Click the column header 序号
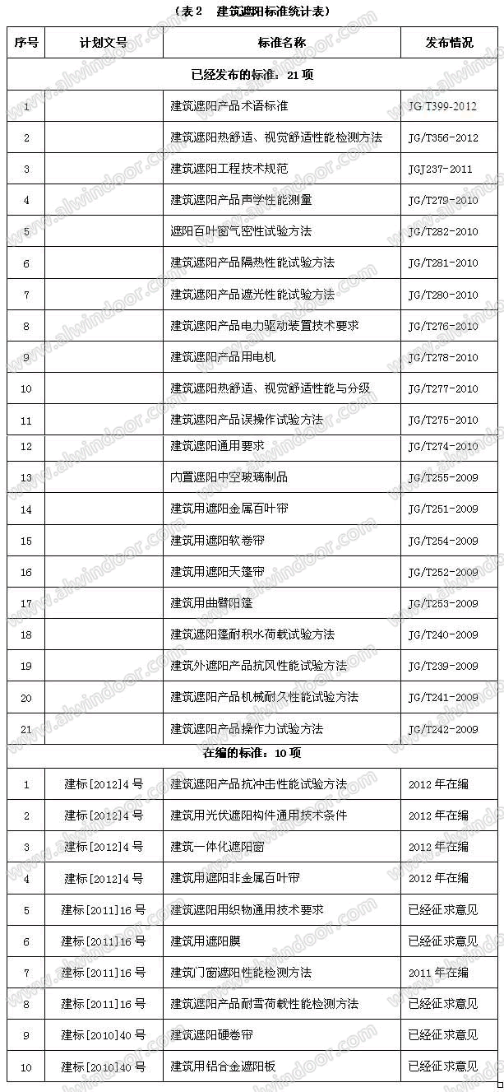click(x=25, y=43)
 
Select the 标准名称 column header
click(x=282, y=43)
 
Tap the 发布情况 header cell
click(x=450, y=43)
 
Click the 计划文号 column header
click(x=104, y=43)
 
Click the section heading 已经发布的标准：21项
click(x=253, y=75)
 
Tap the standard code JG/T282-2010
click(x=442, y=232)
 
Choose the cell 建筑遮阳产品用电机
click(x=223, y=357)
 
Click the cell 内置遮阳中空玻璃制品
click(x=229, y=477)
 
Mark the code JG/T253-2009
click(x=442, y=604)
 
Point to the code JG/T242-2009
click(x=442, y=729)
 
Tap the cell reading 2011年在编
click(x=438, y=973)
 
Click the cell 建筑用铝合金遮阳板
click(x=223, y=1067)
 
